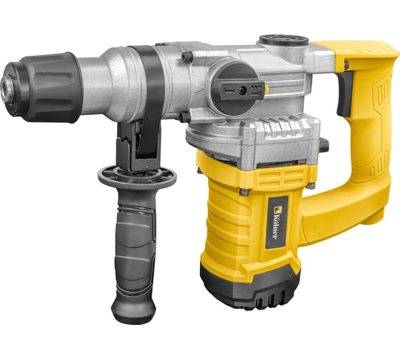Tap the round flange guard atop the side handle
tap(136, 176)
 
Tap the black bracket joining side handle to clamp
tap(136, 143)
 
